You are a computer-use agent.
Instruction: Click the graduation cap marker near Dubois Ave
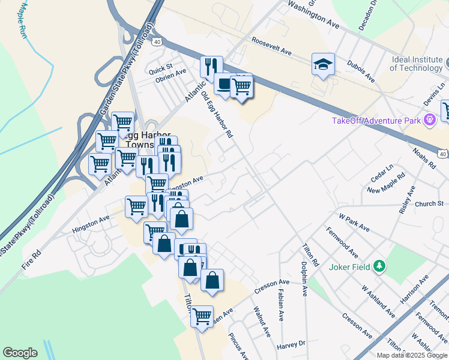coord(323,65)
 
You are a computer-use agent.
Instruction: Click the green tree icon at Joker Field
coord(379,266)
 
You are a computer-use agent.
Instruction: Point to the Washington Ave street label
coord(313,14)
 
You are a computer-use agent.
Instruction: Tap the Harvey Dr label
coord(291,346)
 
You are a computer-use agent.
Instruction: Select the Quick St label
coord(161,65)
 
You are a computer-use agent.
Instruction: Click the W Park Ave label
coord(354,221)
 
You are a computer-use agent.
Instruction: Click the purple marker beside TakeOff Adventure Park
coord(429,121)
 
